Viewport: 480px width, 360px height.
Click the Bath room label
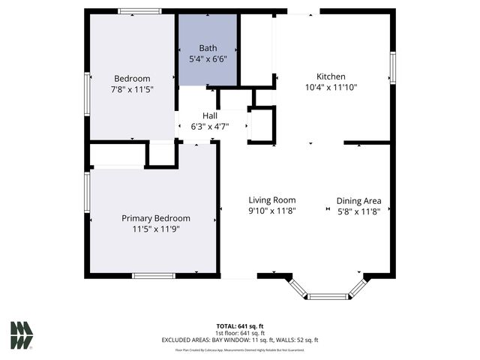point(208,48)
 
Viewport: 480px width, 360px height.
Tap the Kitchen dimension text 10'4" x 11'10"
point(331,87)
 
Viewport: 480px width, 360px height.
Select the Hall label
point(210,115)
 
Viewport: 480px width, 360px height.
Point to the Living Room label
point(272,200)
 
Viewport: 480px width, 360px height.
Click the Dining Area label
point(358,200)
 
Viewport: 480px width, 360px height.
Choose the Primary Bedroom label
point(156,218)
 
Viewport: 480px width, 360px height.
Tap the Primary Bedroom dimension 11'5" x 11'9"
point(156,229)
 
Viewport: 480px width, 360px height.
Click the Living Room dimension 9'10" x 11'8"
point(272,211)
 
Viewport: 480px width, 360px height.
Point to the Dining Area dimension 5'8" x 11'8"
point(358,211)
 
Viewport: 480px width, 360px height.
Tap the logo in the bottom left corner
point(22,335)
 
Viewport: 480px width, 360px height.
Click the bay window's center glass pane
point(328,296)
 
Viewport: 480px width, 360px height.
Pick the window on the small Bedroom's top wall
point(140,11)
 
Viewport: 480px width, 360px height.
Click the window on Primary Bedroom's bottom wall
point(154,276)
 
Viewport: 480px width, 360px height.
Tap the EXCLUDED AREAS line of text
point(240,340)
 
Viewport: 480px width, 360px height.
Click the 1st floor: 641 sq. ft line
point(240,333)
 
